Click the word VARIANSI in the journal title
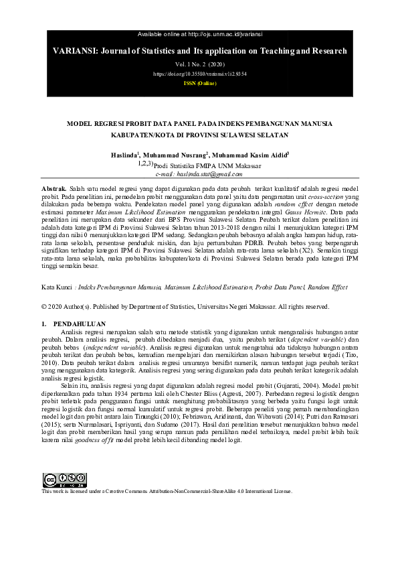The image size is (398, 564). point(72,51)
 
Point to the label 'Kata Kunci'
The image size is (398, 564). point(57,287)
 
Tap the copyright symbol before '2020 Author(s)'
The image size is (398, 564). point(44,307)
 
